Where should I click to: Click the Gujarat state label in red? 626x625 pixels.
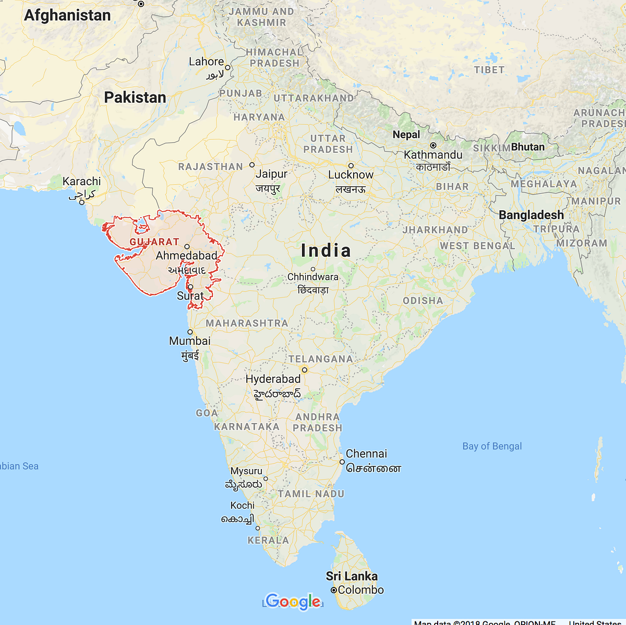coord(154,242)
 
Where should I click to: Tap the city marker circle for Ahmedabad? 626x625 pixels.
coord(187,247)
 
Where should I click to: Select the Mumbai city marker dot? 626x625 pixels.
coord(190,332)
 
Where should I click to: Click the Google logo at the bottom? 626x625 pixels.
coord(293,602)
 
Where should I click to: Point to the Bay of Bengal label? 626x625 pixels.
coord(492,446)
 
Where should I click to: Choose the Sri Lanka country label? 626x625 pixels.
coord(352,576)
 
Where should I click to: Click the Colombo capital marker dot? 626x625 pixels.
coord(334,590)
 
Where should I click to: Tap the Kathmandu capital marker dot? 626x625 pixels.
coord(433,145)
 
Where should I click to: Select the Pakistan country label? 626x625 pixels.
coord(135,97)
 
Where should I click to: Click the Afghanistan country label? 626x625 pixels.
coord(67,15)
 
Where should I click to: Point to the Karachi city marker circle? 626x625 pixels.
coord(82,202)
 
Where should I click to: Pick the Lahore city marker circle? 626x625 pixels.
coord(227,67)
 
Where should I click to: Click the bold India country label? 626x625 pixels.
coord(326,250)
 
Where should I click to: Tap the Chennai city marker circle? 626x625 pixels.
coord(342,462)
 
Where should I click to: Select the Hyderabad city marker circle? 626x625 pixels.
coord(305,370)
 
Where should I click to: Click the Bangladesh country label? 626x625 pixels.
coord(531,215)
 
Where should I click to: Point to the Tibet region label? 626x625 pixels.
coord(489,70)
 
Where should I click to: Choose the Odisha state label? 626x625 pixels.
coord(423,301)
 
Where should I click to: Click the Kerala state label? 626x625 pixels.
coord(268,540)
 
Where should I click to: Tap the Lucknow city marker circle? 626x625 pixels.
coord(351,165)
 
